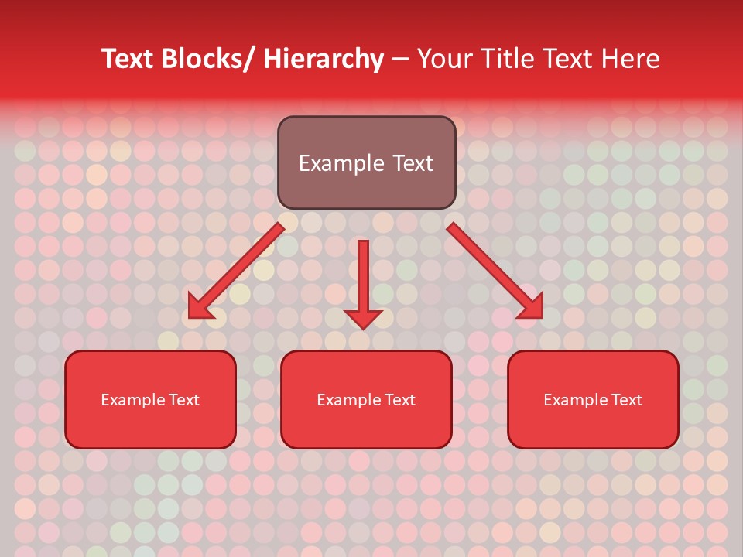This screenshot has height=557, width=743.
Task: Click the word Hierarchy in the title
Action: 324,59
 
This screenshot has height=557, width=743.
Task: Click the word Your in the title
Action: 444,59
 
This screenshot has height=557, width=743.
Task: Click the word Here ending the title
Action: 631,59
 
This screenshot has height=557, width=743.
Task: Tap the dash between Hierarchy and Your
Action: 400,60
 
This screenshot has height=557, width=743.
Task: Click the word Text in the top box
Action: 413,163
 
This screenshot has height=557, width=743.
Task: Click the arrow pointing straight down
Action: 363,278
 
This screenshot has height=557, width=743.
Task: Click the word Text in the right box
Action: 627,400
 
